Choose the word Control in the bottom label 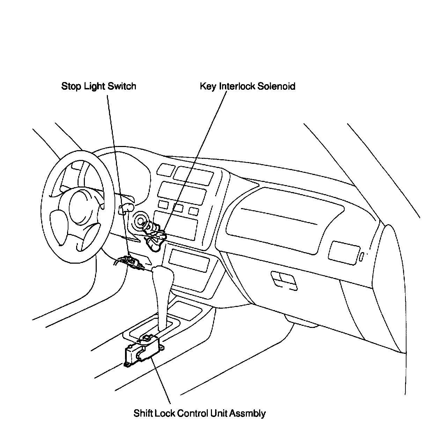click(193, 413)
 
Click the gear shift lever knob click(163, 276)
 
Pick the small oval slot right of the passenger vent click(362, 257)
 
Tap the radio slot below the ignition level click(189, 260)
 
